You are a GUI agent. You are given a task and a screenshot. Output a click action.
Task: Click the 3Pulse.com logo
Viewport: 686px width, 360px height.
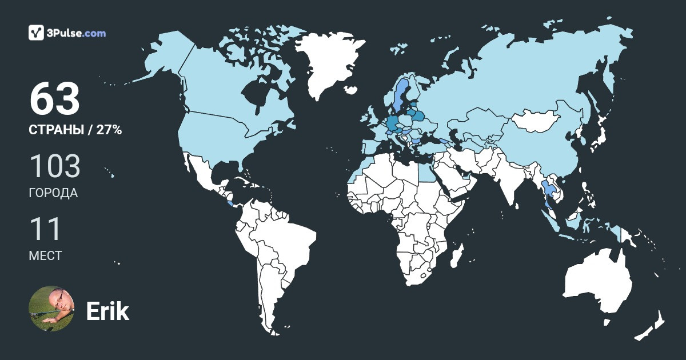(x=67, y=33)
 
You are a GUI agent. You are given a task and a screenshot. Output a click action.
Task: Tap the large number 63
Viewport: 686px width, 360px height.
(x=54, y=99)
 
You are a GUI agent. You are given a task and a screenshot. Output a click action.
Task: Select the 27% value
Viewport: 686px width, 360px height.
(x=109, y=130)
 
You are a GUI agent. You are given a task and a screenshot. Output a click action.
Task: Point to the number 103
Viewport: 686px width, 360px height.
(x=54, y=166)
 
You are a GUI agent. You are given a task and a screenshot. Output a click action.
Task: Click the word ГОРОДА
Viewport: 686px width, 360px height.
(x=53, y=193)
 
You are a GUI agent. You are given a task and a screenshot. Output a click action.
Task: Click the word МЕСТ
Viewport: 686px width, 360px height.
(x=45, y=255)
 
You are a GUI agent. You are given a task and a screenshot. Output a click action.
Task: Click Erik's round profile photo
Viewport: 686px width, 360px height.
(x=51, y=309)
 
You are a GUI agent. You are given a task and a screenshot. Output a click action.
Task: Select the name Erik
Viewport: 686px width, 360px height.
(x=107, y=311)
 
